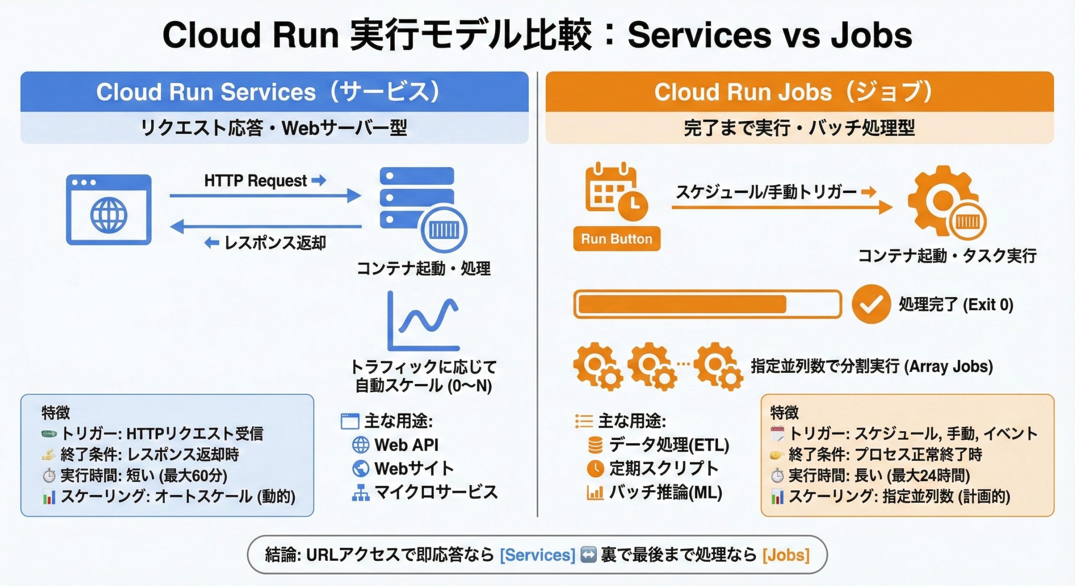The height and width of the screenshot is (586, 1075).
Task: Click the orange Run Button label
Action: pyautogui.click(x=616, y=239)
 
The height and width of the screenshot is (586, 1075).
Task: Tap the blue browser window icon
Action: pyautogui.click(x=109, y=209)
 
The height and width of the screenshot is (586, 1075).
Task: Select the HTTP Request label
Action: pyautogui.click(x=256, y=181)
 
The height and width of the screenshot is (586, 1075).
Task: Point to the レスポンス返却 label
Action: pyautogui.click(x=275, y=243)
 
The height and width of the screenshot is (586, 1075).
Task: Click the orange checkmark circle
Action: pyautogui.click(x=871, y=304)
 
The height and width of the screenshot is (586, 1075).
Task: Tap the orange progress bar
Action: pyautogui.click(x=707, y=304)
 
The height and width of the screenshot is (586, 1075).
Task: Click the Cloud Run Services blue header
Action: pyautogui.click(x=274, y=92)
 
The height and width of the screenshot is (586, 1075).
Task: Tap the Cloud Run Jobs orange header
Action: pyautogui.click(x=799, y=92)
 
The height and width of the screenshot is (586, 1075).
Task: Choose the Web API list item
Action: pyautogui.click(x=406, y=445)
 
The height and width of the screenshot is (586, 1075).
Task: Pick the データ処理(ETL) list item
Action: pyautogui.click(x=669, y=445)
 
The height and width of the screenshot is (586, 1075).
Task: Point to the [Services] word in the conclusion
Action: pyautogui.click(x=537, y=555)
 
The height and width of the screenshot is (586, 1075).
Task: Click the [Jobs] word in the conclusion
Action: pyautogui.click(x=786, y=555)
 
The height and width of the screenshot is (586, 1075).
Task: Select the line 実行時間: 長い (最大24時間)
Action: pyautogui.click(x=879, y=476)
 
